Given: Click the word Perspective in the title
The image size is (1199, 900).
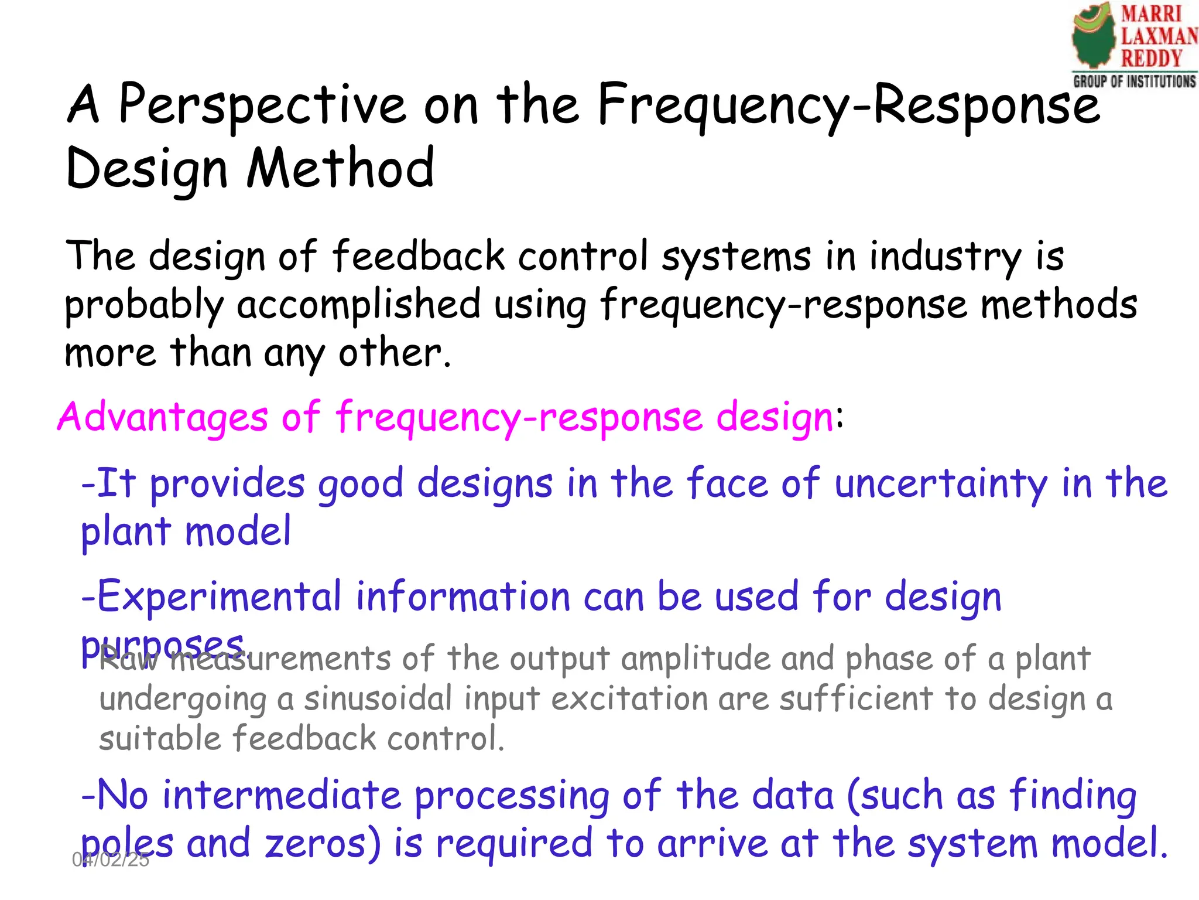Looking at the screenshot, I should [262, 105].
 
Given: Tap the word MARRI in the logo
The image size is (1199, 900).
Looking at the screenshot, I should [1151, 14].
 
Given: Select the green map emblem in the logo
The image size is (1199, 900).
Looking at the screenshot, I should [1094, 38].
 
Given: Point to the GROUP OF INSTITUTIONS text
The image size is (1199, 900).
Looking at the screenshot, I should [1134, 81].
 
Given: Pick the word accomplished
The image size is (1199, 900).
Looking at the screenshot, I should [358, 305].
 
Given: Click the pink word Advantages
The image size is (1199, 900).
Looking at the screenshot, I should [163, 418].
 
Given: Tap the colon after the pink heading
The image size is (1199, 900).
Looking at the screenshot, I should [840, 418].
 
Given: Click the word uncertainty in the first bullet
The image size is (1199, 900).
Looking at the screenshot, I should [941, 485].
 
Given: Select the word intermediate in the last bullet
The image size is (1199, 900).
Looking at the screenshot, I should [281, 796].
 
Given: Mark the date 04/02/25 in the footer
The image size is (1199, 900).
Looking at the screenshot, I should [111, 860].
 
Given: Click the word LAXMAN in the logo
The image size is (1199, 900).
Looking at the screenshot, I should [1158, 36].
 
